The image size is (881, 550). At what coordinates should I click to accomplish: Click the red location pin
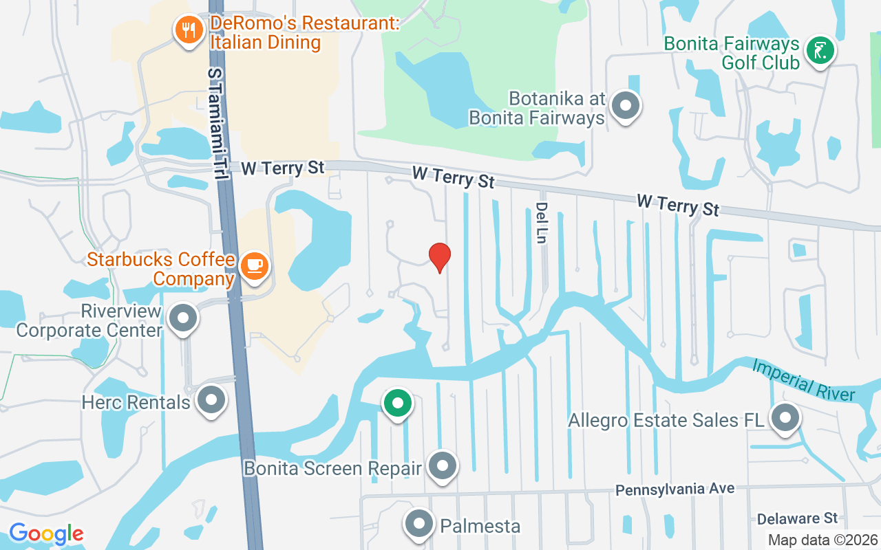(x=440, y=257)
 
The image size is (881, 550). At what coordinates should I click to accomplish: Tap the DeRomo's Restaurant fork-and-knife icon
(x=187, y=30)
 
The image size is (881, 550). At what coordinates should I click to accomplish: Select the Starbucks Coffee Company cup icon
(x=255, y=265)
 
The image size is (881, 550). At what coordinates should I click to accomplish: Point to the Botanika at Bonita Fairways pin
(x=626, y=106)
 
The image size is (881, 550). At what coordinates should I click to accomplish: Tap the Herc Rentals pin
(x=211, y=399)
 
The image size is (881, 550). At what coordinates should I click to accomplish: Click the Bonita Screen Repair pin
(x=443, y=466)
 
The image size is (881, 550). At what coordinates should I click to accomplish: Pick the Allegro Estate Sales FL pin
(x=785, y=417)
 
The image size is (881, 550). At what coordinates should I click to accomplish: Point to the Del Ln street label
(x=542, y=222)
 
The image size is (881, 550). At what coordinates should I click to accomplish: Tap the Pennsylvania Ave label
(x=675, y=489)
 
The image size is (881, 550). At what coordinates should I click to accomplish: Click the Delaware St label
(x=797, y=518)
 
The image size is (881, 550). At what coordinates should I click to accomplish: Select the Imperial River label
(x=803, y=379)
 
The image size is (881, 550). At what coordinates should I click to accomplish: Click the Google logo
(x=46, y=533)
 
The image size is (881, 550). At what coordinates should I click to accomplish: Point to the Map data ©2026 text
(x=822, y=540)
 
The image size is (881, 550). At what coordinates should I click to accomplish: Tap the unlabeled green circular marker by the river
(x=398, y=403)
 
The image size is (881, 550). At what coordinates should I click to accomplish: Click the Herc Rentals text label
(x=136, y=401)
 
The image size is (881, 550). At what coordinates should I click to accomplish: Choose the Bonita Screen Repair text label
(x=332, y=469)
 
